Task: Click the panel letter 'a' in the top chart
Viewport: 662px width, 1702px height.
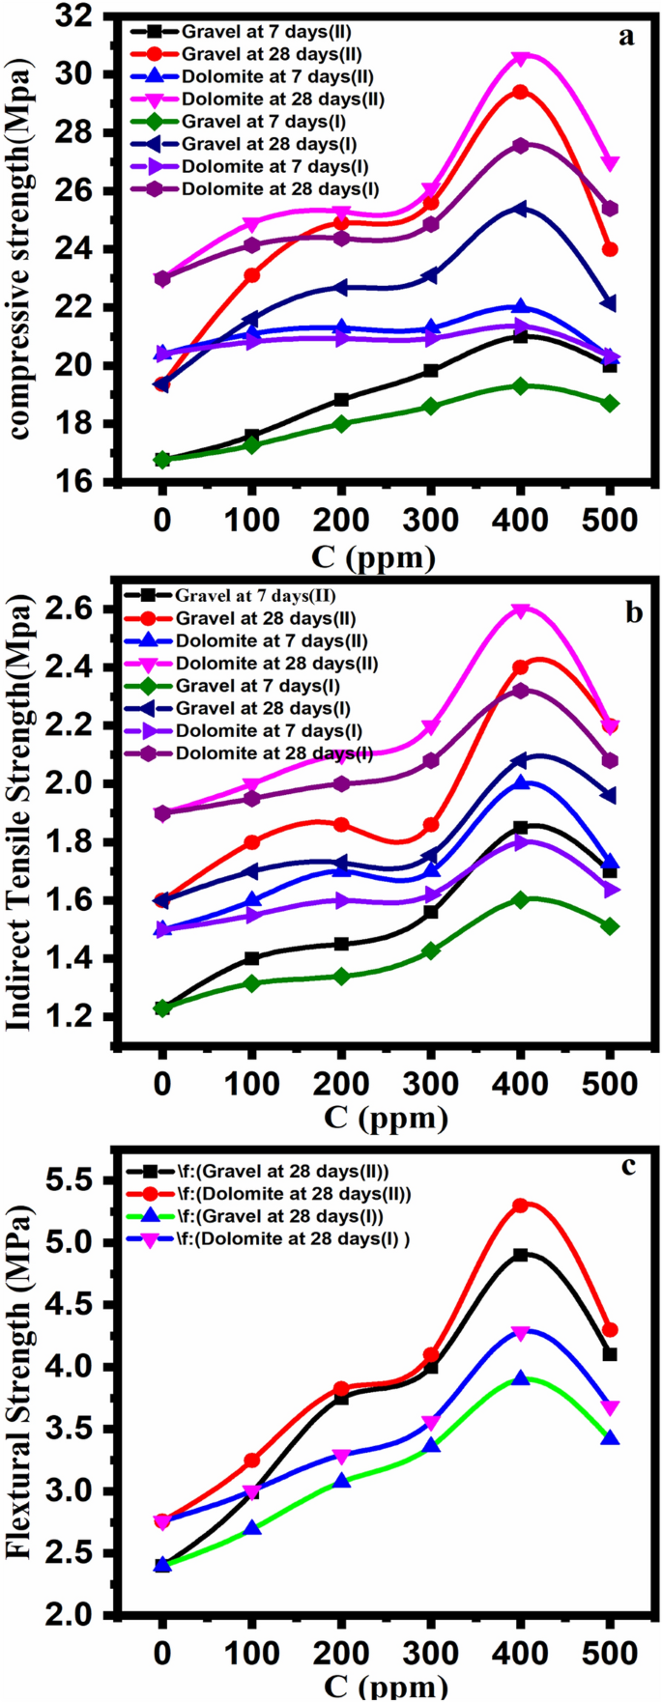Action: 627,37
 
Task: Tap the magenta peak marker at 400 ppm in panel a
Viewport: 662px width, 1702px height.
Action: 521,59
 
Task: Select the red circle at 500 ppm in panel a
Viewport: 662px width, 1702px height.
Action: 610,249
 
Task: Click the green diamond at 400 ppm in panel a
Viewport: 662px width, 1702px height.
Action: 521,385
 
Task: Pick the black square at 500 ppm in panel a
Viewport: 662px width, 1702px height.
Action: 610,365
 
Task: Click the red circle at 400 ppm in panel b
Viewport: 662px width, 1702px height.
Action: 521,667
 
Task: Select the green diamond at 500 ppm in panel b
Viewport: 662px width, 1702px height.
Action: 610,926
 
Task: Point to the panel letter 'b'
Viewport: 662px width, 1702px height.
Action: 634,612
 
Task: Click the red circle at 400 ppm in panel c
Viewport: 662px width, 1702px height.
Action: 521,1206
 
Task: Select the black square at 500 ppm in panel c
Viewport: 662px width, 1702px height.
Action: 610,1354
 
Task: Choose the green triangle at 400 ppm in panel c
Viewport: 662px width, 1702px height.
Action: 521,1378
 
